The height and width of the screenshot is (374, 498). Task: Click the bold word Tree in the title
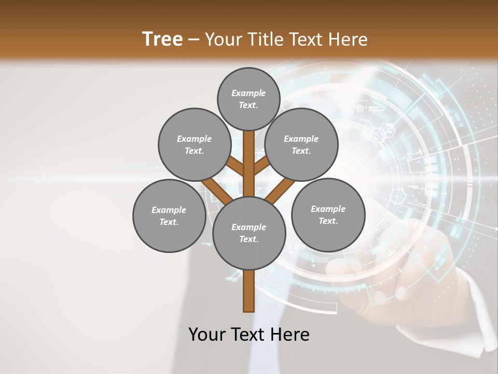click(x=162, y=39)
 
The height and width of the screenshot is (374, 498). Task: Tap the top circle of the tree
click(x=248, y=99)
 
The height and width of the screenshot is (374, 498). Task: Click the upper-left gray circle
click(x=194, y=144)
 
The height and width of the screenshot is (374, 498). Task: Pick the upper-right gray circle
click(x=301, y=144)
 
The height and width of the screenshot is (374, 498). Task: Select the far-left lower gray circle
click(x=169, y=216)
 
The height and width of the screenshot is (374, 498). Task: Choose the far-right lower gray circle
click(x=328, y=215)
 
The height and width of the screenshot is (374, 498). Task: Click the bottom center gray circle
click(x=249, y=233)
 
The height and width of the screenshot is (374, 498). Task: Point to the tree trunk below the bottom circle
click(x=248, y=291)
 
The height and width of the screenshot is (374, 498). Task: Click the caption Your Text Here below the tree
click(x=248, y=335)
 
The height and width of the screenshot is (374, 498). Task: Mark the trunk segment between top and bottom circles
click(x=248, y=164)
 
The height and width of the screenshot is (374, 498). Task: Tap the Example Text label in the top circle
click(x=248, y=99)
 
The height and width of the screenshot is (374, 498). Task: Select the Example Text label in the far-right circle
click(x=328, y=215)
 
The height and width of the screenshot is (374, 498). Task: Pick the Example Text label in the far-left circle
click(x=169, y=216)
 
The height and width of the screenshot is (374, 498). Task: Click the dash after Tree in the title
click(x=193, y=40)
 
